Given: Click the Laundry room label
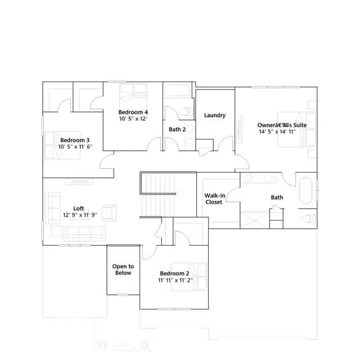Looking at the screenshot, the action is tap(215, 115).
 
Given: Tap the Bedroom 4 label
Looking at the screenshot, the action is tap(133, 112).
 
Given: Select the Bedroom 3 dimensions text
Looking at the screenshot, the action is tap(75, 147).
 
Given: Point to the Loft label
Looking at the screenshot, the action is tap(79, 208).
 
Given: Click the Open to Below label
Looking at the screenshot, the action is tap(123, 269).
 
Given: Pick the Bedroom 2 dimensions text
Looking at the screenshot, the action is tap(175, 280).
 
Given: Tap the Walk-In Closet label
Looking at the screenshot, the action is tap(215, 199).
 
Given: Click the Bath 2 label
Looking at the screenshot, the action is tap(177, 129).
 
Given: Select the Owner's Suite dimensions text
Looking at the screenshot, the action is tap(277, 132).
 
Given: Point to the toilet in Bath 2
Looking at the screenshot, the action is tap(187, 112).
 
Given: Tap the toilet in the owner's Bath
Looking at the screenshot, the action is tap(309, 219).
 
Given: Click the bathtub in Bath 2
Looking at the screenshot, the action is tap(178, 91).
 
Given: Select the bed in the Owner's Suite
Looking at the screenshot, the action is tap(296, 129).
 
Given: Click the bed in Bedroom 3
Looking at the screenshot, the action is tap(62, 145).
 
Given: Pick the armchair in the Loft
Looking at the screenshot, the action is tap(109, 213).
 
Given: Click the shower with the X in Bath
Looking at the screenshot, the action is tap(255, 220).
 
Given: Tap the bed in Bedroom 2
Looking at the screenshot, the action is tap(189, 277).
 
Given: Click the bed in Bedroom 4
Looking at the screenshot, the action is tap(133, 92).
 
